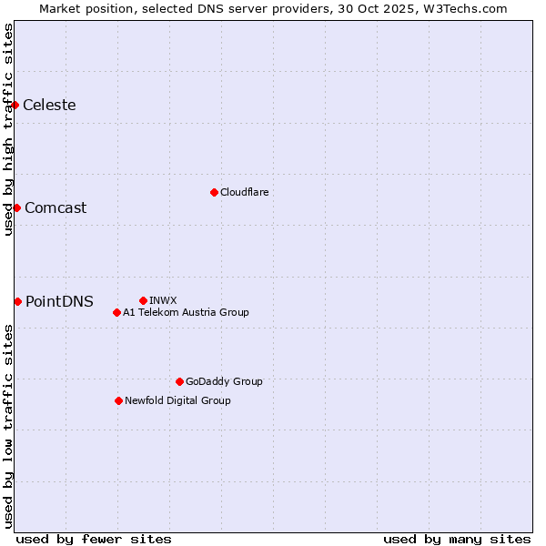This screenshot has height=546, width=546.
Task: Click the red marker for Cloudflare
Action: point(214,192)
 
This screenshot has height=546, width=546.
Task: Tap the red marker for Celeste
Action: point(15,106)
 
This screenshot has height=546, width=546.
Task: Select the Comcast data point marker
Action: point(16,207)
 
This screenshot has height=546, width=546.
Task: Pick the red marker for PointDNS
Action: point(17,301)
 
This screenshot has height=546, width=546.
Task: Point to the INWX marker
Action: point(143,300)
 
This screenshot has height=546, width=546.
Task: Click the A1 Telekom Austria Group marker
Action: point(116,312)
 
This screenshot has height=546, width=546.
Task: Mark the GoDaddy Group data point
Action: point(179,381)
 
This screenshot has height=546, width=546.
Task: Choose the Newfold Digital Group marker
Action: point(118,400)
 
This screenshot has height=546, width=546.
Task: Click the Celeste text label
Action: point(49,106)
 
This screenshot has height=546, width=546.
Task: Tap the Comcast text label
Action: point(56,207)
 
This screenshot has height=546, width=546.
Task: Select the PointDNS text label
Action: point(59,302)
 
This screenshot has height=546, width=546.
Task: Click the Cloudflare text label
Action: point(245,192)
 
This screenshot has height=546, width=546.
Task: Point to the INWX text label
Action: point(163,300)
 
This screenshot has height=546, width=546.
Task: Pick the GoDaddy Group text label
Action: point(224,381)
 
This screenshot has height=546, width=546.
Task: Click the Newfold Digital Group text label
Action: point(177,400)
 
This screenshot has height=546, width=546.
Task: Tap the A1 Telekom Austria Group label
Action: point(186,312)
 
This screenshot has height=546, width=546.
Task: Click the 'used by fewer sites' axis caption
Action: point(94,539)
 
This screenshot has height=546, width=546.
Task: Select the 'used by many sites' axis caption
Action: point(457,539)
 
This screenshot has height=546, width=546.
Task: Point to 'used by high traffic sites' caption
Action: point(9,130)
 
